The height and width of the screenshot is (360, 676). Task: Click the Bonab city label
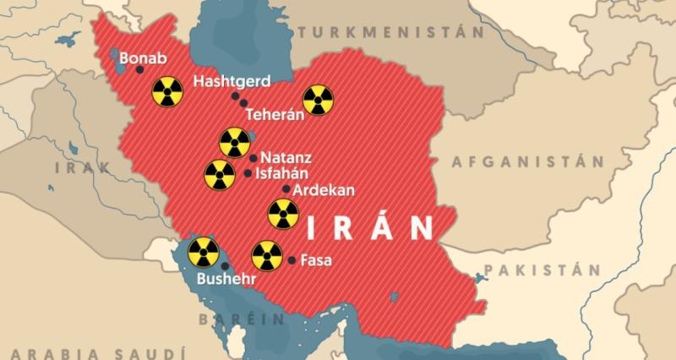click(x=144, y=59)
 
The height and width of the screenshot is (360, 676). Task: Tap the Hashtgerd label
click(x=232, y=82)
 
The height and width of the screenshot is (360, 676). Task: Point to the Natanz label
click(x=286, y=157)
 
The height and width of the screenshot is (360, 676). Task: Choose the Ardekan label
click(x=324, y=190)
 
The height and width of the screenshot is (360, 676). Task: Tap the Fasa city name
click(x=316, y=260)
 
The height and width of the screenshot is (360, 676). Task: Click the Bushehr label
click(x=226, y=278)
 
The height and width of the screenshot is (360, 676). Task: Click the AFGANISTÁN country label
click(x=528, y=161)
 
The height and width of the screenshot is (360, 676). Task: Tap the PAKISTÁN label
click(x=547, y=270)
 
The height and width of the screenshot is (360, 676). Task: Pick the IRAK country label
click(x=82, y=167)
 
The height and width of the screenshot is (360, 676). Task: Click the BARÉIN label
click(x=242, y=319)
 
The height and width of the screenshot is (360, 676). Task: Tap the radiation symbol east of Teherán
click(x=318, y=100)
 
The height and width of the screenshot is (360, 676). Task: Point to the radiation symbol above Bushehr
click(x=203, y=251)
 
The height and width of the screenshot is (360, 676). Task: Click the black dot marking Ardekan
click(x=287, y=189)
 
